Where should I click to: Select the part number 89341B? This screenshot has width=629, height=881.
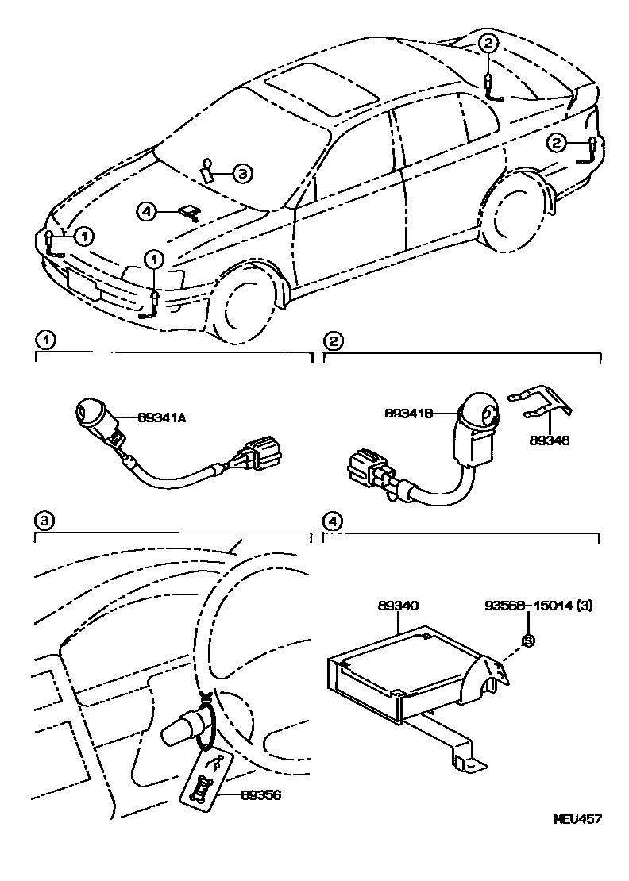pos(410,414)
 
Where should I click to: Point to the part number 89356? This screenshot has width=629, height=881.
pos(260,796)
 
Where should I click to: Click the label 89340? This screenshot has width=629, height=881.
pos(399,606)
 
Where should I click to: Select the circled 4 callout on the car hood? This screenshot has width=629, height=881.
pos(145,211)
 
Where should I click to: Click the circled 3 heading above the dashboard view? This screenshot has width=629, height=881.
pos(44,521)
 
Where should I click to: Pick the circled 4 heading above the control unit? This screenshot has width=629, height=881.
pos(334,521)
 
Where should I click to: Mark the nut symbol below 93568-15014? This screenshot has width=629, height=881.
pos(527,639)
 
